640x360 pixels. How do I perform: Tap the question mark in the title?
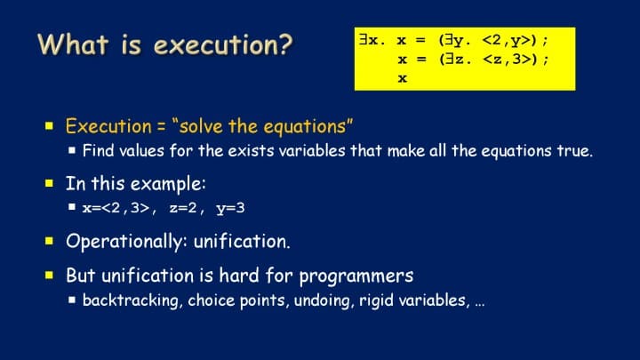(286, 44)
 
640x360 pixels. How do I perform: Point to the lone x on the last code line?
(403, 78)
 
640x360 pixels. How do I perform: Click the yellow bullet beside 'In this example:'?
(50, 183)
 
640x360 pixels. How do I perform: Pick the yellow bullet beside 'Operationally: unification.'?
(50, 241)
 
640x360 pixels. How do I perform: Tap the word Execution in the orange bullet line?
(108, 126)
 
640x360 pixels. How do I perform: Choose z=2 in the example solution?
(183, 208)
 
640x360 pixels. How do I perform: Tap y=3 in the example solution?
(230, 209)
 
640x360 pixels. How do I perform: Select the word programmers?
(356, 276)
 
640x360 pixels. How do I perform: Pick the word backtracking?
(131, 300)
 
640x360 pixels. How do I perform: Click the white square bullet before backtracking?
(72, 300)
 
